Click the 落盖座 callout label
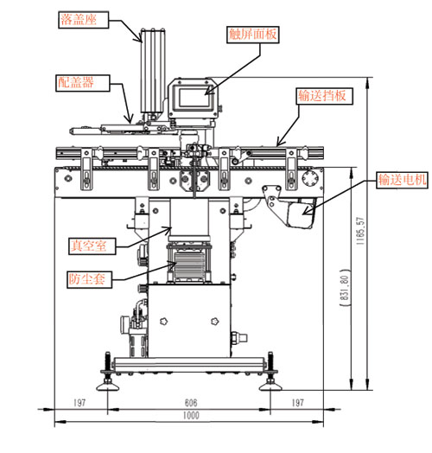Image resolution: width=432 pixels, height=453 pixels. (84, 20)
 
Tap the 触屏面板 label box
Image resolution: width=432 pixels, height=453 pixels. (252, 35)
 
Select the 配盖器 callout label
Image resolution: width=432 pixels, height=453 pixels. (83, 83)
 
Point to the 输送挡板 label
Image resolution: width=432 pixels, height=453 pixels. (325, 96)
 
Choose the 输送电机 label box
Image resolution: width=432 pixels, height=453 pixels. (402, 180)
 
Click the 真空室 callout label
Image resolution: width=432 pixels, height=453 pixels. (92, 246)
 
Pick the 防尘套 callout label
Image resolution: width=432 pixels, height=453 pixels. (89, 279)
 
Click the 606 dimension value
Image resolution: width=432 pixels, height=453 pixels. (191, 403)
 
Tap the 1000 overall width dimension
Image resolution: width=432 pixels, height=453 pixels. (191, 416)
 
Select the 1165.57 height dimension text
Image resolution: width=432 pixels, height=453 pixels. (360, 231)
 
